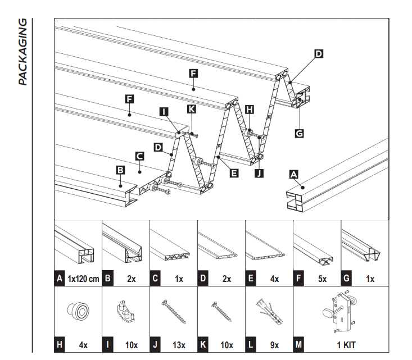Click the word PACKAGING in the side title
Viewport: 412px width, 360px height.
click(x=22, y=52)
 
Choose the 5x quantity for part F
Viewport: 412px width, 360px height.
click(x=322, y=278)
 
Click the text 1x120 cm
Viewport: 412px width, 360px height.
click(x=84, y=278)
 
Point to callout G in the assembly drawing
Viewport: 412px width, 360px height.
click(x=299, y=134)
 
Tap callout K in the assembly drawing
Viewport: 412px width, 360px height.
click(x=192, y=108)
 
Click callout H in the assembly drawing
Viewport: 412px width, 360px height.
click(x=250, y=109)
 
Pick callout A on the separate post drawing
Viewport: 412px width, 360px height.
click(x=293, y=174)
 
